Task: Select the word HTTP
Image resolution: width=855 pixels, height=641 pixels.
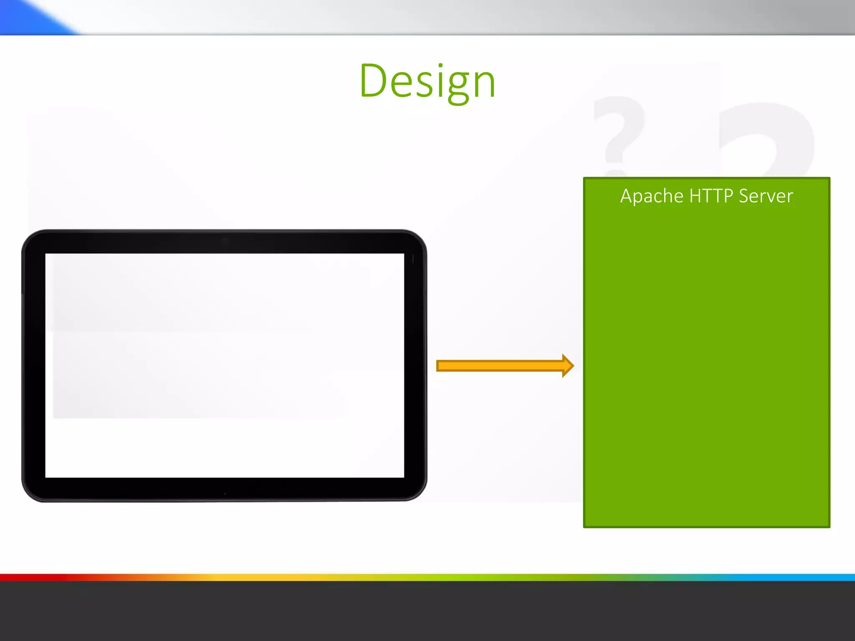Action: pyautogui.click(x=711, y=196)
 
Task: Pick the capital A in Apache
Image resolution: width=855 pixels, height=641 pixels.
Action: pyautogui.click(x=627, y=196)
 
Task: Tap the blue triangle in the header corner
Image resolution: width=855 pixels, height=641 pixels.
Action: pyautogui.click(x=29, y=17)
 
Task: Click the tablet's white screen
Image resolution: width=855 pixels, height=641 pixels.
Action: pyautogui.click(x=225, y=365)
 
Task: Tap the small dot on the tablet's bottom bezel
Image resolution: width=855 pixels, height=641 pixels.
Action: pyautogui.click(x=225, y=494)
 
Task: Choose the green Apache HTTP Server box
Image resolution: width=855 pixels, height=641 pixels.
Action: pyautogui.click(x=706, y=363)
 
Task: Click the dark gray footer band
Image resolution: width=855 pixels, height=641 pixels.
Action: pyautogui.click(x=427, y=611)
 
